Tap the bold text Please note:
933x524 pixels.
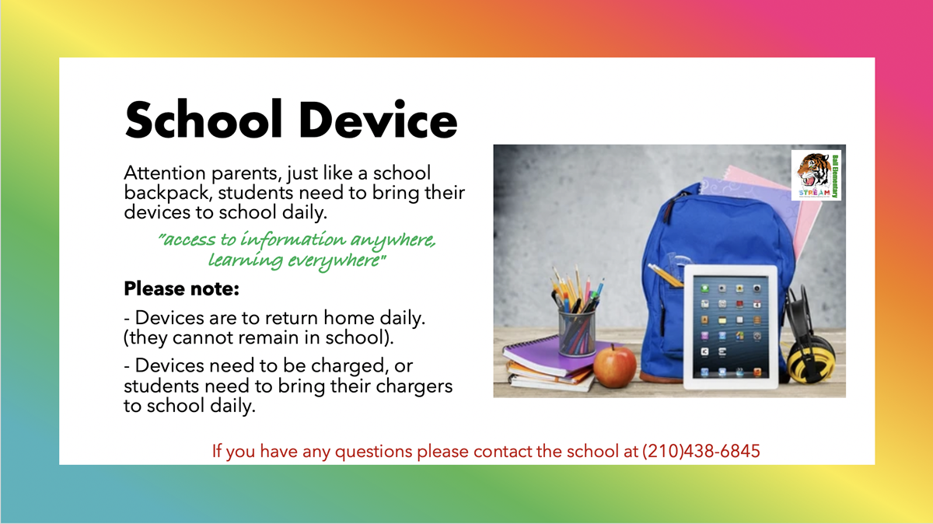tap(182, 288)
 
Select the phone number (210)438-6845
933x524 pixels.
tap(701, 451)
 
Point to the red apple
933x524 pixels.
tap(614, 366)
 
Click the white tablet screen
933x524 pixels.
tap(731, 327)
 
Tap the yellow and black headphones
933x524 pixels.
tap(809, 340)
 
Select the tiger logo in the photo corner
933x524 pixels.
tap(816, 176)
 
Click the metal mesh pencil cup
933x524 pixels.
tap(577, 332)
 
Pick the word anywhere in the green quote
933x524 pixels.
tap(393, 241)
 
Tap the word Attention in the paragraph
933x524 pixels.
tap(165, 173)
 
